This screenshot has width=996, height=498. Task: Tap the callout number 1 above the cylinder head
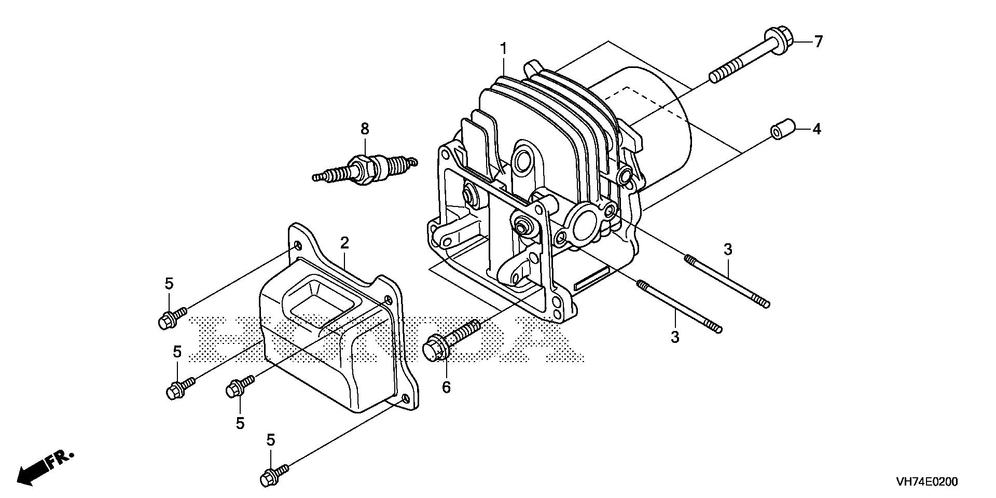[503, 49]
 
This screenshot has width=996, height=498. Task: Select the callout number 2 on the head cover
[344, 243]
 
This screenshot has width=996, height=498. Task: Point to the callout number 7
[818, 41]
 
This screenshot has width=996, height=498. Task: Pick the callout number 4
[817, 129]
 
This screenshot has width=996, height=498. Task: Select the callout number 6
[447, 387]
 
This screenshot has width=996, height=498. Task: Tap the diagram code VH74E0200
[926, 482]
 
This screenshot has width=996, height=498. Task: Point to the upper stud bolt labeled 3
[726, 280]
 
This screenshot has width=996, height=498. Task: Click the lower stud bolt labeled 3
[680, 306]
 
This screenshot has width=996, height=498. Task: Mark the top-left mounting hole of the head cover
[297, 245]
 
